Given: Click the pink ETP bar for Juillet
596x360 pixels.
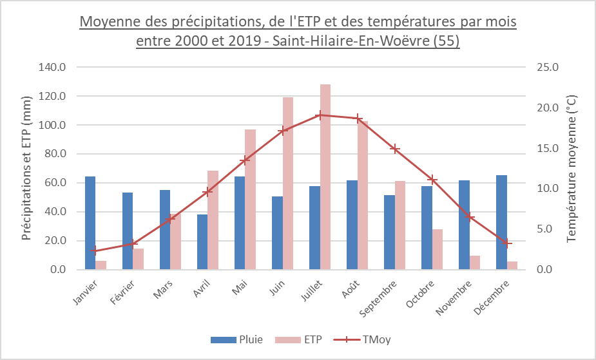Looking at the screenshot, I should [x=325, y=177].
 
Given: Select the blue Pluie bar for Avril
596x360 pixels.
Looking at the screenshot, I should [x=202, y=242].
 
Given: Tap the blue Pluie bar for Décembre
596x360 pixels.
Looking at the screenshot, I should [x=501, y=222].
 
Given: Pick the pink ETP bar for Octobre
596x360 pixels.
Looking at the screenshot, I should [x=437, y=249].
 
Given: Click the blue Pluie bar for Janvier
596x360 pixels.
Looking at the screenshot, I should [x=90, y=223].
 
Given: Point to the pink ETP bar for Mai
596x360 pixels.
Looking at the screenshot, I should [x=251, y=200].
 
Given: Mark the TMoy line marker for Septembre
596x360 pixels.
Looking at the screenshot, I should [x=396, y=149].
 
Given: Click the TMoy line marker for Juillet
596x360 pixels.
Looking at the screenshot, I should [x=320, y=115].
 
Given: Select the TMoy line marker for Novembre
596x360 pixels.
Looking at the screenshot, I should [x=470, y=217].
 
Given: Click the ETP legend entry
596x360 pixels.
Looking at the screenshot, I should [x=299, y=339].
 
